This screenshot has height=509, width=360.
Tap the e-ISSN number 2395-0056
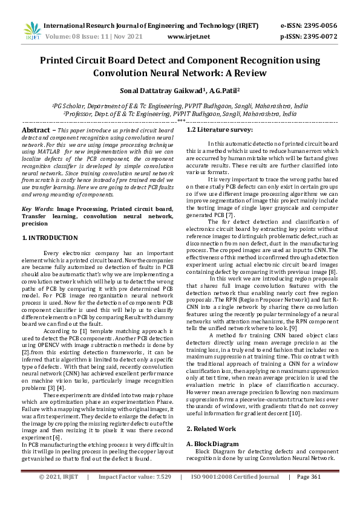click(x=320, y=26)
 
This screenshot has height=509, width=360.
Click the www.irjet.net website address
click(x=188, y=36)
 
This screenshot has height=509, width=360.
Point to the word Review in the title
click(x=248, y=73)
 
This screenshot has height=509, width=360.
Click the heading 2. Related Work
click(x=210, y=429)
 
